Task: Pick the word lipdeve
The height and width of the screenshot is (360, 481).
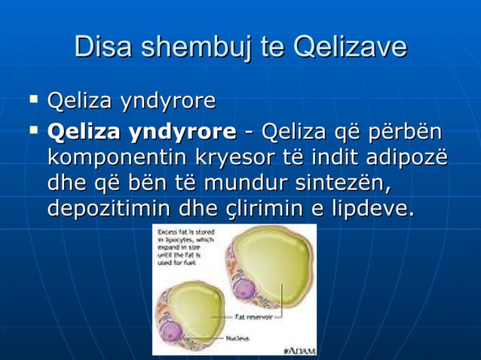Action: pyautogui.click(x=372, y=207)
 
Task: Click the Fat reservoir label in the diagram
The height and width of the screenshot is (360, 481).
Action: pyautogui.click(x=252, y=317)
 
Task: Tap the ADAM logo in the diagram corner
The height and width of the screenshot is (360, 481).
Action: pyautogui.click(x=299, y=349)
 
